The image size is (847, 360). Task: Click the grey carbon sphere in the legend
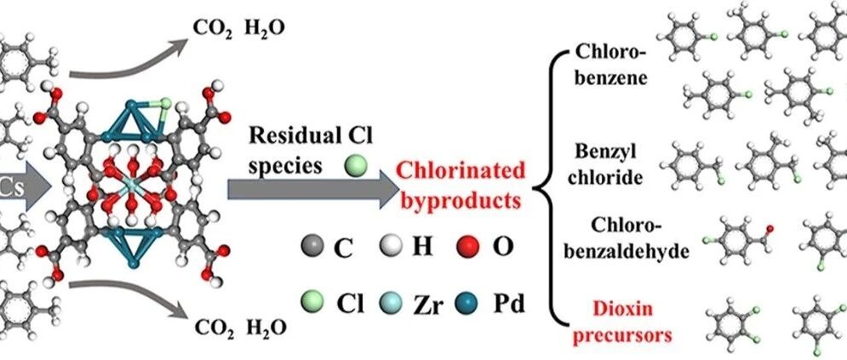(312, 246)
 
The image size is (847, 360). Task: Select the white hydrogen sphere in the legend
(390, 246)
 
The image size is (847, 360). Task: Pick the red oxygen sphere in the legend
(468, 246)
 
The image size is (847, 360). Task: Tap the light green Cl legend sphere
(312, 301)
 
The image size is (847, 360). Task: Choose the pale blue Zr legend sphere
(390, 301)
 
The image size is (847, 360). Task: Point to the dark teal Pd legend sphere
(468, 301)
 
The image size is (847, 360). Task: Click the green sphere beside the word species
(356, 166)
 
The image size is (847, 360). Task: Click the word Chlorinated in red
(461, 171)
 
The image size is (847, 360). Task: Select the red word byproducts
(461, 200)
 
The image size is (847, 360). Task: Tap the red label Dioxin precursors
(622, 323)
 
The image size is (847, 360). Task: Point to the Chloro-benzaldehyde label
(627, 238)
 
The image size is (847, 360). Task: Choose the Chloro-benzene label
(611, 65)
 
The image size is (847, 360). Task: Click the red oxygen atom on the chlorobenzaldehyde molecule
(770, 229)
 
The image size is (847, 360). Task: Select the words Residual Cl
(311, 136)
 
